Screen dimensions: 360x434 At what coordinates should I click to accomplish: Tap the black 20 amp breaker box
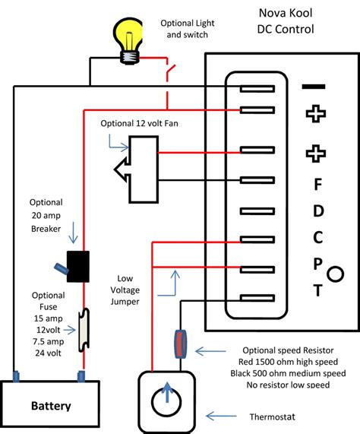(x=78, y=267)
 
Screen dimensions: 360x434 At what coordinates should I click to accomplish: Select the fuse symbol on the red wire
(x=84, y=330)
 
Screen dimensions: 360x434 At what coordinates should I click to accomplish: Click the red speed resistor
(x=180, y=344)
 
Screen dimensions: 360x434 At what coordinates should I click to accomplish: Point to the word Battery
(x=51, y=406)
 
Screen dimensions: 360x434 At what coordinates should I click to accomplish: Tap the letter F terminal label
(x=318, y=184)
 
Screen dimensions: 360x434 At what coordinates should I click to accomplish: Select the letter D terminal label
(x=318, y=211)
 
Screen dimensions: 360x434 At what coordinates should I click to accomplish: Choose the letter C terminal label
(x=318, y=237)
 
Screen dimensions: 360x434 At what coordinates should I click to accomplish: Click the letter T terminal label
(x=318, y=290)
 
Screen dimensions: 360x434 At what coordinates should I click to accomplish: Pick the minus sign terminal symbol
(x=314, y=87)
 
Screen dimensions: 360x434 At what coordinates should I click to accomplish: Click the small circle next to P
(x=335, y=274)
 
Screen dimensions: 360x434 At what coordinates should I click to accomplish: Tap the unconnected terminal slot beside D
(x=257, y=211)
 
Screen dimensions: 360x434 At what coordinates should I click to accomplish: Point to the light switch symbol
(x=170, y=69)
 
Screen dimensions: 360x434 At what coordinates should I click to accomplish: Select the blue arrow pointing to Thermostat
(x=221, y=416)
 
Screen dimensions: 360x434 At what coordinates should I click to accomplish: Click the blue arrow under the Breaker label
(x=73, y=233)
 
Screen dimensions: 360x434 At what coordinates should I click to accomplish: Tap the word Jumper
(x=125, y=302)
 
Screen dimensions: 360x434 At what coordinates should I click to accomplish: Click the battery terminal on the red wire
(x=81, y=376)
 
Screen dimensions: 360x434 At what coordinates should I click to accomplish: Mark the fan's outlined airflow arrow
(x=122, y=169)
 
